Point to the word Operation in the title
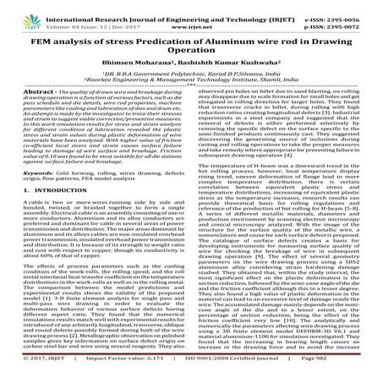(x=191, y=51)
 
